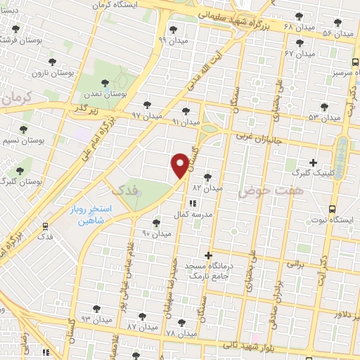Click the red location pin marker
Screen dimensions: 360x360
pos(180,165)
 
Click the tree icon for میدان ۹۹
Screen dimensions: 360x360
pos(173,30)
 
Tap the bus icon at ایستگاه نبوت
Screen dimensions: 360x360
pos(333,208)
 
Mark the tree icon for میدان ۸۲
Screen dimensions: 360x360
pos(206,177)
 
